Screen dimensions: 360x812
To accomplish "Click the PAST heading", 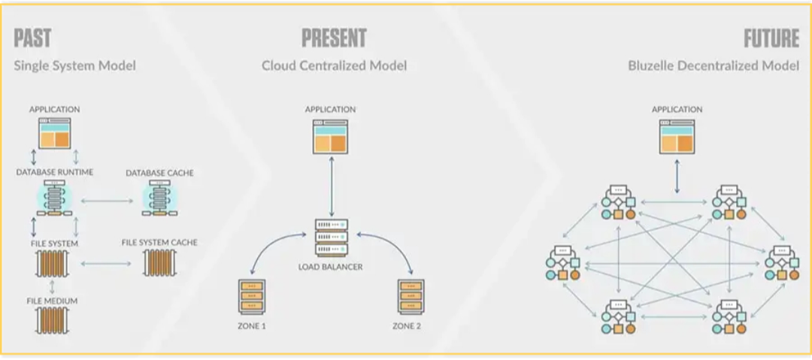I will [x=32, y=38].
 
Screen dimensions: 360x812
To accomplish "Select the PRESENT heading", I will [x=334, y=38].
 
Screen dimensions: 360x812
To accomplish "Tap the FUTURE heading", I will [x=771, y=38].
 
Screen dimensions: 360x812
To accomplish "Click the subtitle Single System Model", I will [x=74, y=65].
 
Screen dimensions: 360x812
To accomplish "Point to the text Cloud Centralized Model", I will [x=334, y=65].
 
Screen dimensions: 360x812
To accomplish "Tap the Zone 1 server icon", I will [x=251, y=297].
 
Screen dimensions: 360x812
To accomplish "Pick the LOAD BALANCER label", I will [x=330, y=267].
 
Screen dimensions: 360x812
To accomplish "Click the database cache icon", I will [x=159, y=200].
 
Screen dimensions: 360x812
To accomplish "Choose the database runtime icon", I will [x=55, y=200].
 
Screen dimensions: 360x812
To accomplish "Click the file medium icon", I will [x=52, y=319].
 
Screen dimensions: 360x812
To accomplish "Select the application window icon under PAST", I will [x=54, y=133].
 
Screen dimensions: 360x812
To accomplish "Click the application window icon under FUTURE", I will [x=677, y=137].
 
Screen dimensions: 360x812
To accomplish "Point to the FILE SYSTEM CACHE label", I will [x=159, y=243].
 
